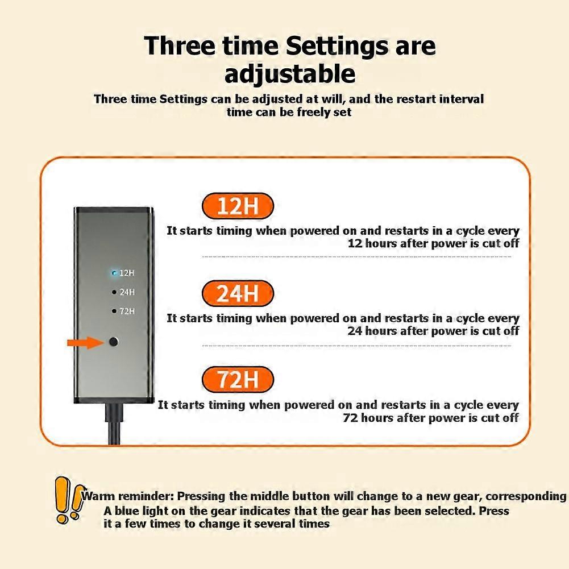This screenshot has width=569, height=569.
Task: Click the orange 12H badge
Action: tap(238, 206)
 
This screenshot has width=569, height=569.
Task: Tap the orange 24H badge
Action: tap(238, 293)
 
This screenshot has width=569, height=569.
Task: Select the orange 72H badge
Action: tap(238, 380)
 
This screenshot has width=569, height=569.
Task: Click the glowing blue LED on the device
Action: tap(114, 273)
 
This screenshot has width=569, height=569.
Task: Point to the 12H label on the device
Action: tap(127, 273)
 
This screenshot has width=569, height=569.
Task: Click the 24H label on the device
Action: tap(127, 292)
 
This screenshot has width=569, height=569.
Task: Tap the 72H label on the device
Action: tap(127, 311)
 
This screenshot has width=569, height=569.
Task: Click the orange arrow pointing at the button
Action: tap(84, 342)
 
